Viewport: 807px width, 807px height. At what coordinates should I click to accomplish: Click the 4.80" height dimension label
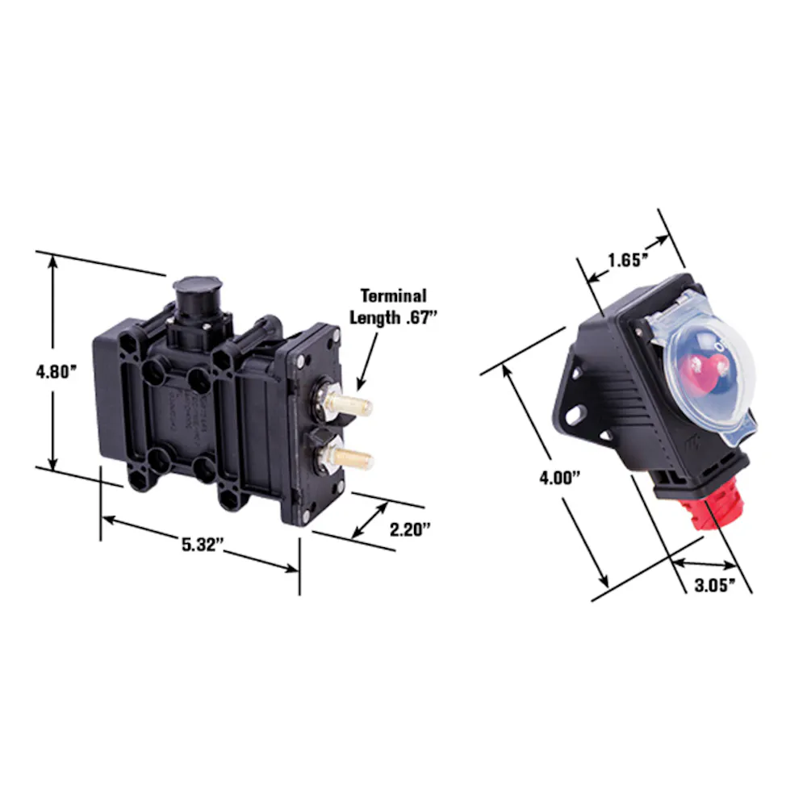[x=56, y=371]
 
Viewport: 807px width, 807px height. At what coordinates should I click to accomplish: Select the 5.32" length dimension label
[x=203, y=545]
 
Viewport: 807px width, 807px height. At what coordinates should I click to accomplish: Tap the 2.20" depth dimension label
[x=410, y=529]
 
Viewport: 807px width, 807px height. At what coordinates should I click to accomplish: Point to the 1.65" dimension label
[x=627, y=261]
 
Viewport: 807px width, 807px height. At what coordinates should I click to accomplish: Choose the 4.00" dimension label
[x=559, y=478]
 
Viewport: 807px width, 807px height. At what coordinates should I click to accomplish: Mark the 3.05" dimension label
[x=715, y=585]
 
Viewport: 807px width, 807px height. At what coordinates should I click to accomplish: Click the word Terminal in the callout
[x=394, y=296]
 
